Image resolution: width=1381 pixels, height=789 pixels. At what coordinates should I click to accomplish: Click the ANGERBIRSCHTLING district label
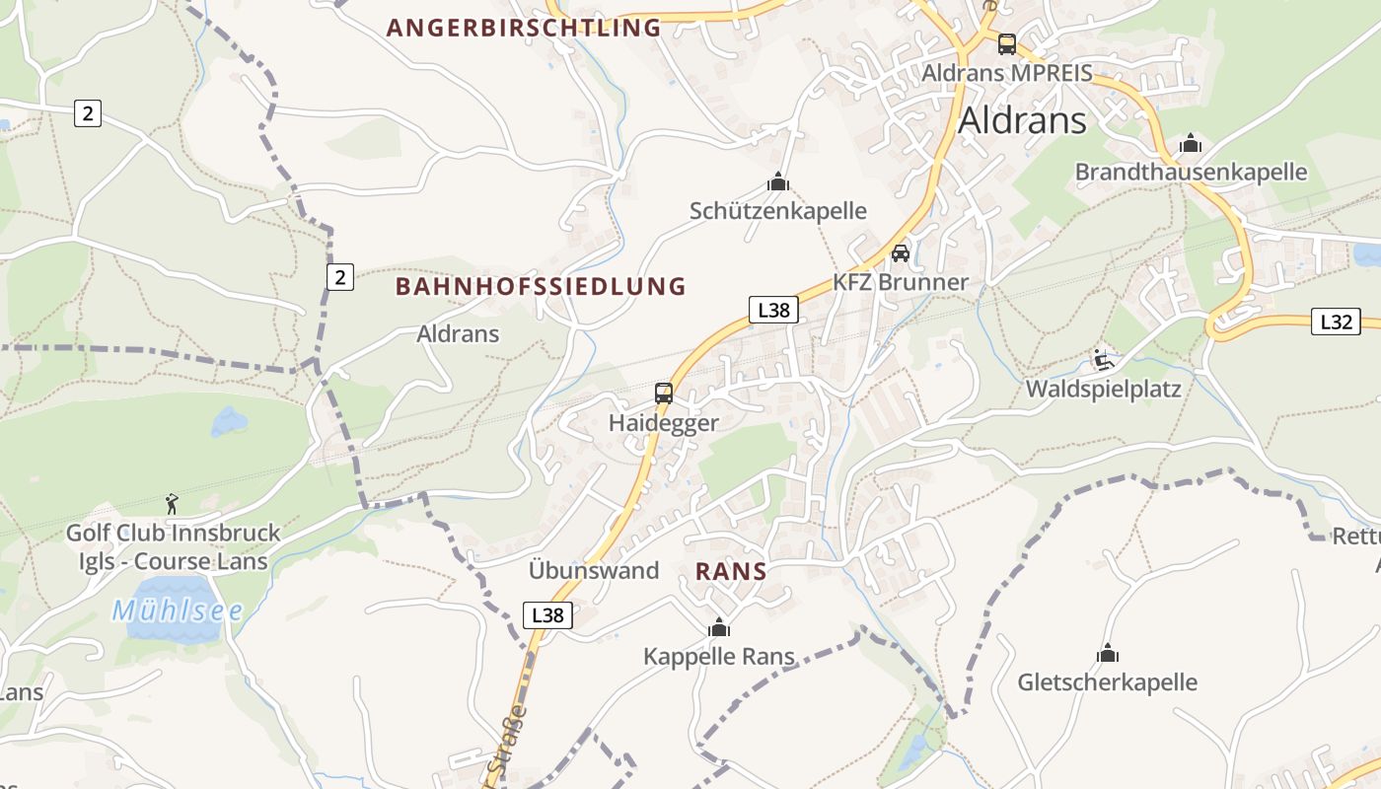(524, 28)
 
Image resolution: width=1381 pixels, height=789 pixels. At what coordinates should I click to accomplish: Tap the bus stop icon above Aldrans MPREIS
(1006, 43)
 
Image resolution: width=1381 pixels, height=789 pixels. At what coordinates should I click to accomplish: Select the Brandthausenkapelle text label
(1191, 173)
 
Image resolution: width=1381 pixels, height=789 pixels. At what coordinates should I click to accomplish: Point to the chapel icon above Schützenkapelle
(778, 181)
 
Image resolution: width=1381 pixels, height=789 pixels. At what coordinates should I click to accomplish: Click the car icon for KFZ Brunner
(901, 253)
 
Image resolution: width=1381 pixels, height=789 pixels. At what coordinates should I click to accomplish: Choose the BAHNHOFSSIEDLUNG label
(541, 287)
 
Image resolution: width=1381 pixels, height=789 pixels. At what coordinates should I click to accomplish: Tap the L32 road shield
(1336, 321)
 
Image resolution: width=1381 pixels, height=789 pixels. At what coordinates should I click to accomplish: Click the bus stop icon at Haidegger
(664, 394)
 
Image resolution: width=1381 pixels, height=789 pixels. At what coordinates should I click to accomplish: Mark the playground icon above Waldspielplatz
(1103, 360)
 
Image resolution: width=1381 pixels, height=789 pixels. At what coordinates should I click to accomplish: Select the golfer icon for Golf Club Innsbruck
(173, 504)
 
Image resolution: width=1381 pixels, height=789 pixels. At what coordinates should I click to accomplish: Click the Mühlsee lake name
(178, 610)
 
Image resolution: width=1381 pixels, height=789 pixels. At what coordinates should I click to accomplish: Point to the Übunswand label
(594, 570)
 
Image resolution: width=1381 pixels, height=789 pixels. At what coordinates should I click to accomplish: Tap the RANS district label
(731, 571)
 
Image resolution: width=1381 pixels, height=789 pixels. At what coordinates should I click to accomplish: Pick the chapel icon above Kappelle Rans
(719, 627)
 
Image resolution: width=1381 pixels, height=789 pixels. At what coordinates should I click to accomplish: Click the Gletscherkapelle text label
(1107, 682)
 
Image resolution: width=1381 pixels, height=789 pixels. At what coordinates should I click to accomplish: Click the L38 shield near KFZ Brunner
(772, 310)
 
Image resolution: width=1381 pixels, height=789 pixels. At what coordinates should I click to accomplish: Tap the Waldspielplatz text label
(1103, 389)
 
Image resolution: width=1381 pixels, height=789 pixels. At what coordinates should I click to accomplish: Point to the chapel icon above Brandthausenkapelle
(1191, 144)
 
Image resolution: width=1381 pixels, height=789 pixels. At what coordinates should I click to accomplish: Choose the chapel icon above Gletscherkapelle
(1108, 653)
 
